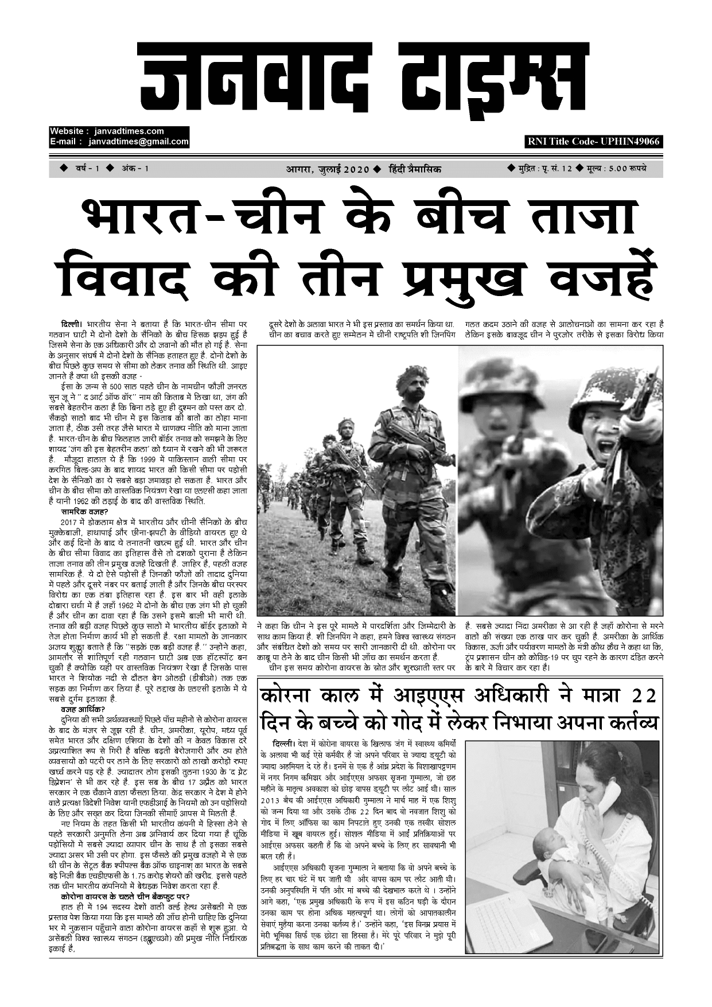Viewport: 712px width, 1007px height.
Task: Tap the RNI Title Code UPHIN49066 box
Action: coord(593,142)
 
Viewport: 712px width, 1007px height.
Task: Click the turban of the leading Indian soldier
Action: coord(412,375)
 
